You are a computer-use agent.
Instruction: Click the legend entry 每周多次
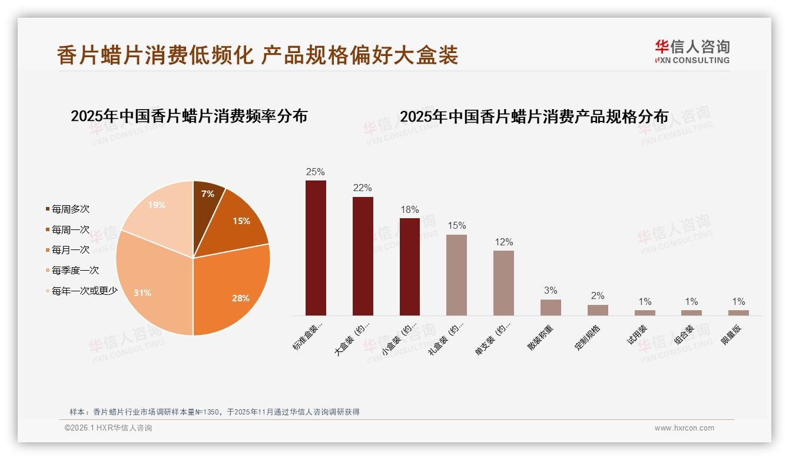70,209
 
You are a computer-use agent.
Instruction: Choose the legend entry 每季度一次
75,270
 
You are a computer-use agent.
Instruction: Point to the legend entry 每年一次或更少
84,290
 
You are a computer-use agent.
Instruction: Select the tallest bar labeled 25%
316,248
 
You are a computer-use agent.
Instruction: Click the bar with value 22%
363,256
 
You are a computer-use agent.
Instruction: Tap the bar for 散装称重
551,307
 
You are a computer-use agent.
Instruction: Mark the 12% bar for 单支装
503,283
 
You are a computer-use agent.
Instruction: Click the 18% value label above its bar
409,209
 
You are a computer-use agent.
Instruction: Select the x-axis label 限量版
732,335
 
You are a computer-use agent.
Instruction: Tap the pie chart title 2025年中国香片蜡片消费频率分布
189,116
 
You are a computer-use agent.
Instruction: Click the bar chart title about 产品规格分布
534,117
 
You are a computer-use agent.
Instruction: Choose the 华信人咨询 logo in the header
692,51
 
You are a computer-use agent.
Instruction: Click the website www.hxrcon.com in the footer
684,428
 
